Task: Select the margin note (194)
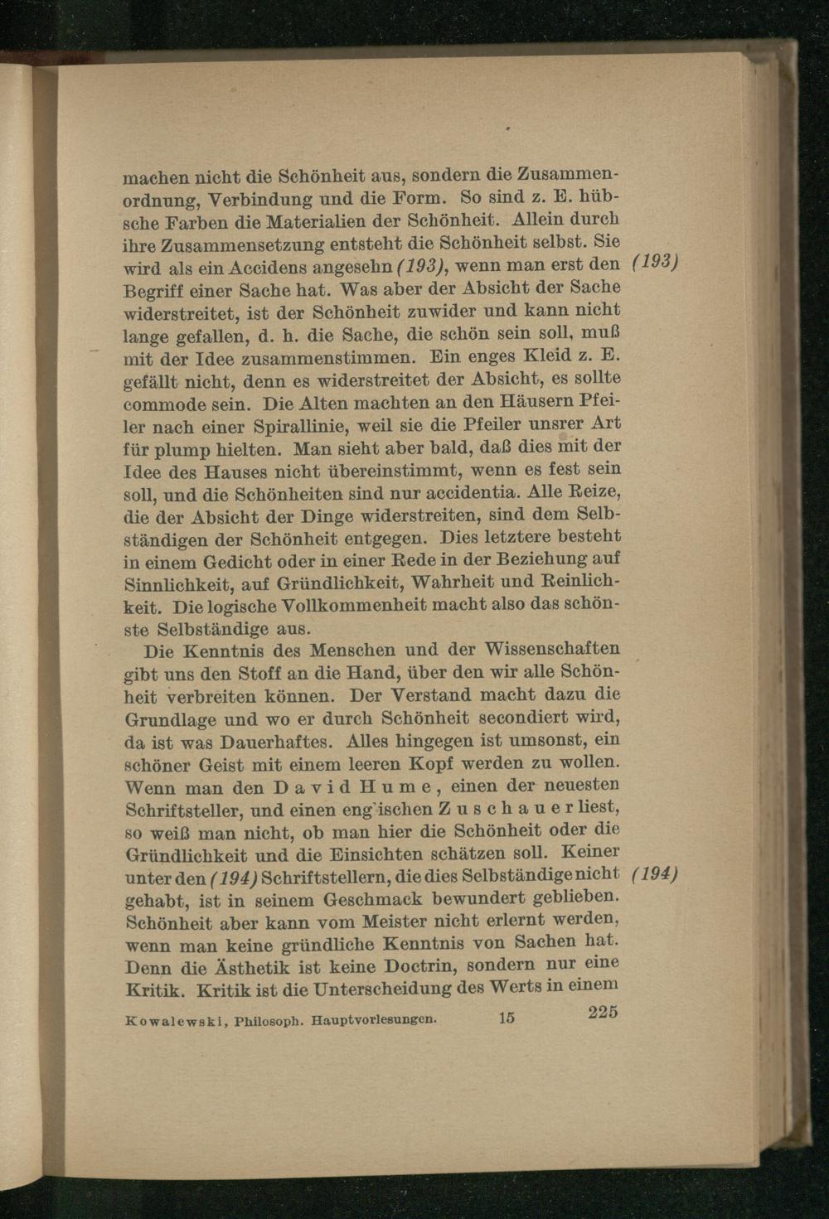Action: click(x=656, y=873)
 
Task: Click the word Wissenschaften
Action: click(x=552, y=648)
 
